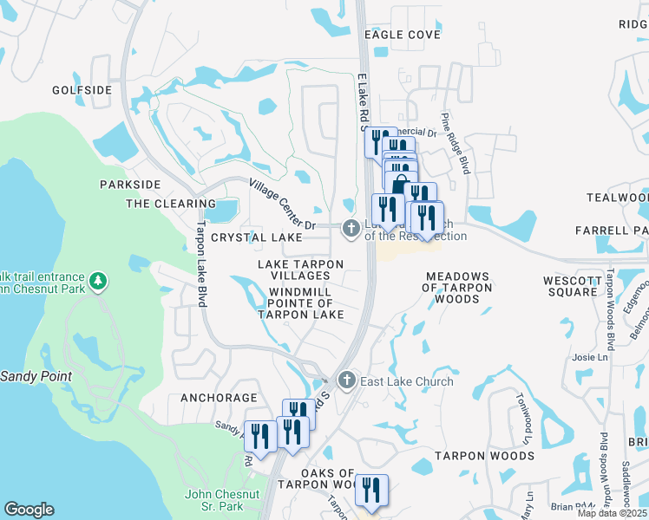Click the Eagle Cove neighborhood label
pos(390,35)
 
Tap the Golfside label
pos(82,90)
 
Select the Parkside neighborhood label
pos(130,185)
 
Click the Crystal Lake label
pos(256,237)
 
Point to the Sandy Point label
pos(36,376)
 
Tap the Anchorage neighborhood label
pos(219,398)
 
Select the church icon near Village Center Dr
pos(351,229)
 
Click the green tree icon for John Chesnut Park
pos(99,280)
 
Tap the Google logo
pos(29,510)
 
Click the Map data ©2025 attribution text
pos(612,513)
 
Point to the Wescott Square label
pos(572,286)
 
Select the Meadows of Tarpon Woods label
pos(457,288)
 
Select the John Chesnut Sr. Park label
pos(222,499)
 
